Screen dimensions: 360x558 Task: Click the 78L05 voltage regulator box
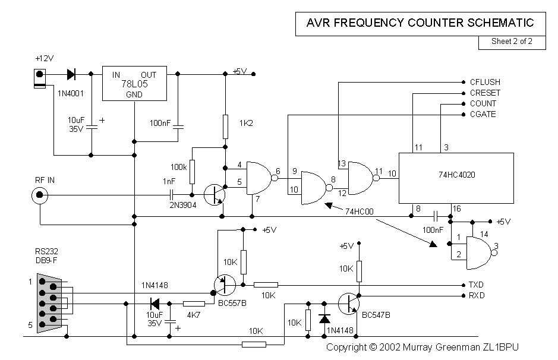pyautogui.click(x=134, y=84)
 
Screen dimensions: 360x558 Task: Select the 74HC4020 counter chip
pyautogui.click(x=456, y=176)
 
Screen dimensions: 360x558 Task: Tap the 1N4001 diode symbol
pyautogui.click(x=71, y=74)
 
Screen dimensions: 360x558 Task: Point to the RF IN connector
pyautogui.click(x=40, y=194)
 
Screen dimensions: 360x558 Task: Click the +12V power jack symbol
pyautogui.click(x=39, y=78)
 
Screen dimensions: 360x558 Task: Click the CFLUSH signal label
pyautogui.click(x=485, y=82)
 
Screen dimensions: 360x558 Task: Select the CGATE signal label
pyautogui.click(x=483, y=114)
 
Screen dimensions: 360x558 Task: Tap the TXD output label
pyautogui.click(x=477, y=285)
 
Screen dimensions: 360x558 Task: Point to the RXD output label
pyautogui.click(x=477, y=295)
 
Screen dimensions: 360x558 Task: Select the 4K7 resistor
pyautogui.click(x=194, y=304)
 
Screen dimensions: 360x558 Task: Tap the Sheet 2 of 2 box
pyautogui.click(x=512, y=42)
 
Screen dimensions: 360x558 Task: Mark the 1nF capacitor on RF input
pyautogui.click(x=172, y=194)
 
